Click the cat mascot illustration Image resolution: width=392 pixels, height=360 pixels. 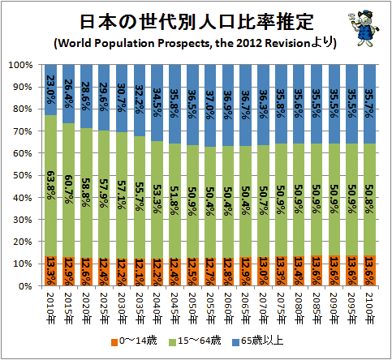(x=364, y=28)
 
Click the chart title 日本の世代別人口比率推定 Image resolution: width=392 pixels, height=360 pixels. (x=196, y=22)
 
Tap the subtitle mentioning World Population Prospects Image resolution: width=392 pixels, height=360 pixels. (x=195, y=43)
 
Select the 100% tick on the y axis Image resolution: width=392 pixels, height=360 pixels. (x=21, y=65)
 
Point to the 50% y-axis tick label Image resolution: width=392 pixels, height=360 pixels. (x=23, y=175)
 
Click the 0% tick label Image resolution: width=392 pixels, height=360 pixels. (x=25, y=286)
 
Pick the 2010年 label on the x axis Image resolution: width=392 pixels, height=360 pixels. (x=50, y=308)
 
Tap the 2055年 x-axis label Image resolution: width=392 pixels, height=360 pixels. (x=210, y=308)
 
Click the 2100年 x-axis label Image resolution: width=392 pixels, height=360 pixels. (x=369, y=308)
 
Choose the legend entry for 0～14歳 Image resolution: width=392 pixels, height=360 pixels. (x=134, y=341)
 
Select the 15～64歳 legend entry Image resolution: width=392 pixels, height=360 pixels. (x=195, y=341)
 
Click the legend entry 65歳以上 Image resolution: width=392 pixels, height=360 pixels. (x=258, y=341)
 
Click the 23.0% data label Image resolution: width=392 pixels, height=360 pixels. (x=50, y=89)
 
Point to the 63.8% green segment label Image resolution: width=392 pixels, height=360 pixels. (x=50, y=185)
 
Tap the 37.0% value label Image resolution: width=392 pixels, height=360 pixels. (x=210, y=105)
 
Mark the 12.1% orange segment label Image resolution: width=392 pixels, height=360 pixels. (x=140, y=272)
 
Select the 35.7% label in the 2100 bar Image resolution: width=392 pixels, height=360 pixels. (x=369, y=104)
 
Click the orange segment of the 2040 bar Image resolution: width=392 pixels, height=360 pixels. (x=157, y=272)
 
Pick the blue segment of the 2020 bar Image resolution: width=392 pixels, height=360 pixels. (x=86, y=96)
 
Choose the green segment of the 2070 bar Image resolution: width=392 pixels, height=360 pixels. (x=263, y=201)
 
